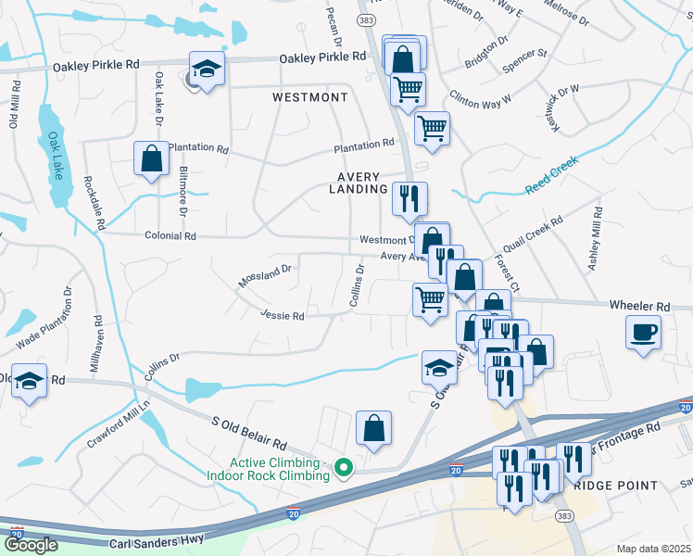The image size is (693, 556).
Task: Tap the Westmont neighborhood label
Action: click(310, 97)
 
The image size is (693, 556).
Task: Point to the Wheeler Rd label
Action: click(639, 306)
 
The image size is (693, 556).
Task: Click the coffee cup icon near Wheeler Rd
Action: click(643, 333)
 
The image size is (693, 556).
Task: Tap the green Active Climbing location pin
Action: click(344, 468)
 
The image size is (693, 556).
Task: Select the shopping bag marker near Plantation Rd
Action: click(151, 158)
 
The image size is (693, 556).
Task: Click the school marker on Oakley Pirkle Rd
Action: click(207, 69)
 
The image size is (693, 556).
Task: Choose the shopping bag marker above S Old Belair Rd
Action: click(373, 429)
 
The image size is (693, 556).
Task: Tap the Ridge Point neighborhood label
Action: click(615, 485)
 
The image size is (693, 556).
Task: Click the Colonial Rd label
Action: click(170, 236)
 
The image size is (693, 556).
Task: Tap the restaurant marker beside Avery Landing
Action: click(409, 198)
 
